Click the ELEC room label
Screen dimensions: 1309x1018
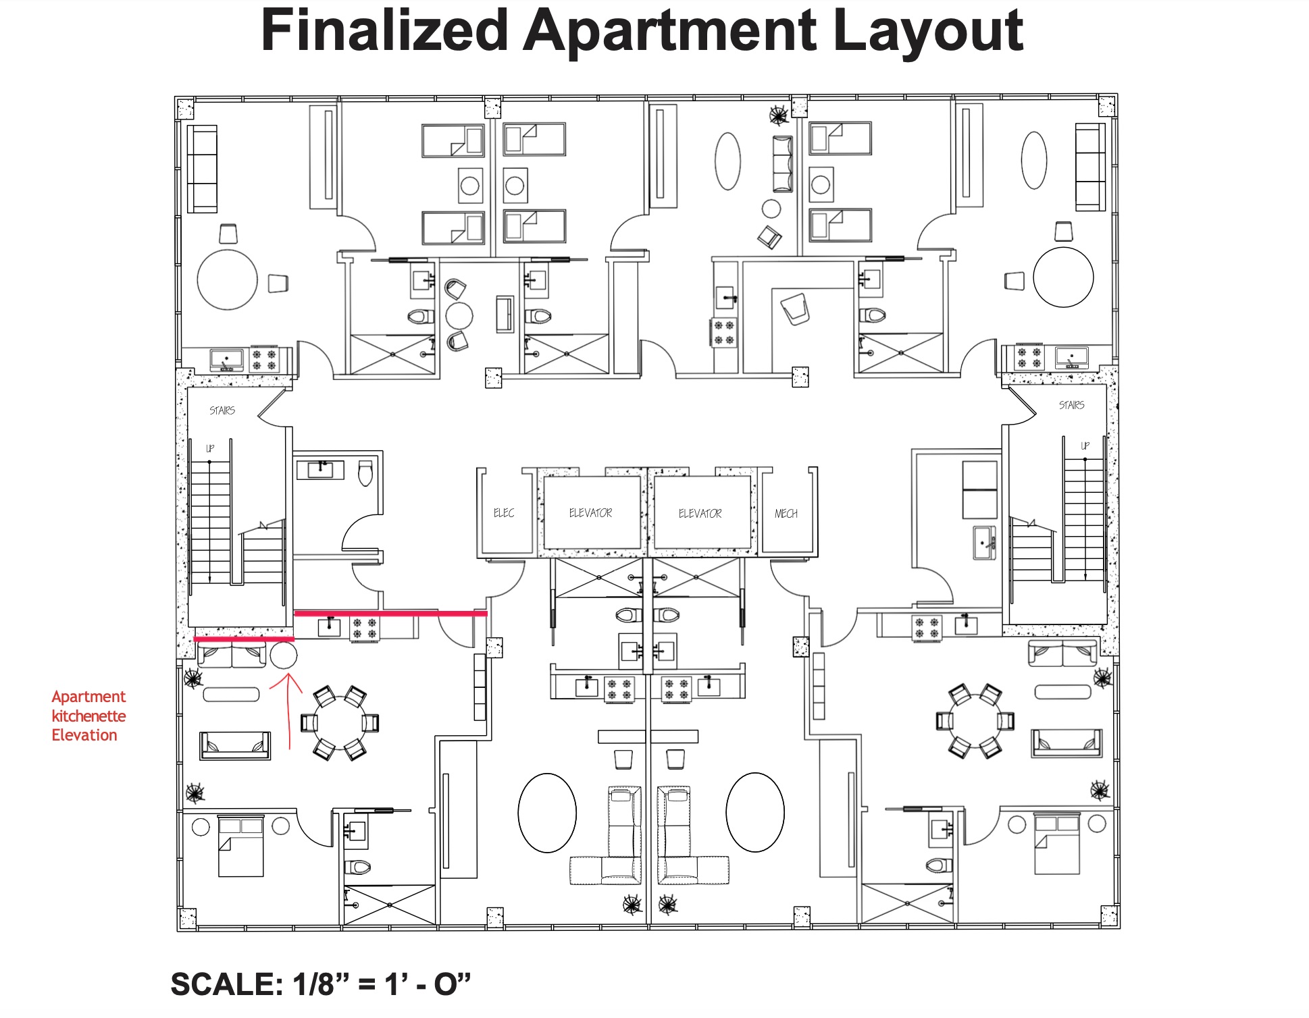pyautogui.click(x=504, y=513)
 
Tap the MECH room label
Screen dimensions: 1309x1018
pyautogui.click(x=786, y=514)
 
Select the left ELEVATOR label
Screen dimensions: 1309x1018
pyautogui.click(x=590, y=513)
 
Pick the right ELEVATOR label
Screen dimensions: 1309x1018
pyautogui.click(x=700, y=514)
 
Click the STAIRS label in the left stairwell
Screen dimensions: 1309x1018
pyautogui.click(x=222, y=410)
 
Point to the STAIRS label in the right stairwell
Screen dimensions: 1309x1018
pyautogui.click(x=1071, y=405)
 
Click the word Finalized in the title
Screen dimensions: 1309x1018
pyautogui.click(x=384, y=31)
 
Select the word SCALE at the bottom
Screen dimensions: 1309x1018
pyautogui.click(x=226, y=984)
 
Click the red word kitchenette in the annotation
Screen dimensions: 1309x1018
pyautogui.click(x=88, y=716)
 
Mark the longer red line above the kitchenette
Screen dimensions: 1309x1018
pyautogui.click(x=390, y=614)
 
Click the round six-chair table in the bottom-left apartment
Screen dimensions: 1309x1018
pyautogui.click(x=339, y=722)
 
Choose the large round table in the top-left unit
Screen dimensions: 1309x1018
pyautogui.click(x=228, y=279)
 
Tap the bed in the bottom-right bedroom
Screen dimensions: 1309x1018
pyautogui.click(x=1056, y=845)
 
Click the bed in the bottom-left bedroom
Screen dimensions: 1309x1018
pyautogui.click(x=240, y=846)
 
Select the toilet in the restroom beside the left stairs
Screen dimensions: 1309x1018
pyautogui.click(x=365, y=473)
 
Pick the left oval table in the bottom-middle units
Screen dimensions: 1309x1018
pyautogui.click(x=547, y=813)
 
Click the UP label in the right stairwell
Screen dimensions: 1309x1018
pyautogui.click(x=1085, y=446)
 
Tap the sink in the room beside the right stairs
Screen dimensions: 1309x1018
pyautogui.click(x=984, y=543)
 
